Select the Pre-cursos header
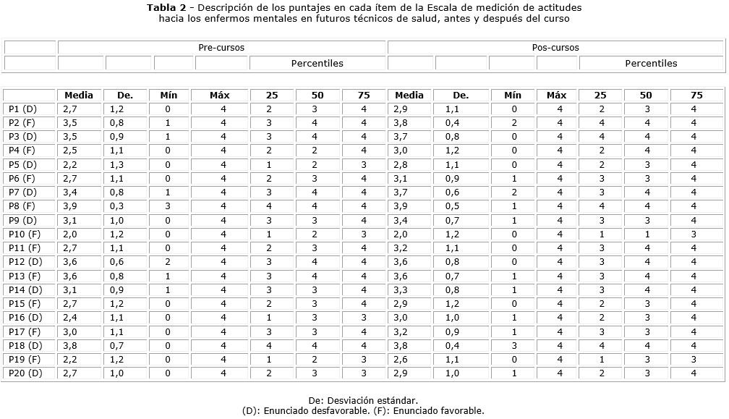[221, 48]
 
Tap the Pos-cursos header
[555, 48]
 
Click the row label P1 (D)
[22, 109]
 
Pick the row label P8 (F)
[22, 206]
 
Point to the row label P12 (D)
[25, 262]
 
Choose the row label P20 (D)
[25, 373]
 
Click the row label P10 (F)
[25, 234]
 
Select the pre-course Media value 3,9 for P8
[70, 206]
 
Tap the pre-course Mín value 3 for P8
[167, 206]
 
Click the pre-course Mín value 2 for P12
[167, 262]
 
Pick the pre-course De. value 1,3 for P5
[117, 165]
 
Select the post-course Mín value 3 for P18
[513, 346]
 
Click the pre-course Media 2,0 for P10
[70, 234]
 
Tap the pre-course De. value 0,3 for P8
[117, 206]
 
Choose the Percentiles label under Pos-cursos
[651, 63]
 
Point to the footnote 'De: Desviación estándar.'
[363, 400]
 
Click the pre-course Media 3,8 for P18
[70, 346]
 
